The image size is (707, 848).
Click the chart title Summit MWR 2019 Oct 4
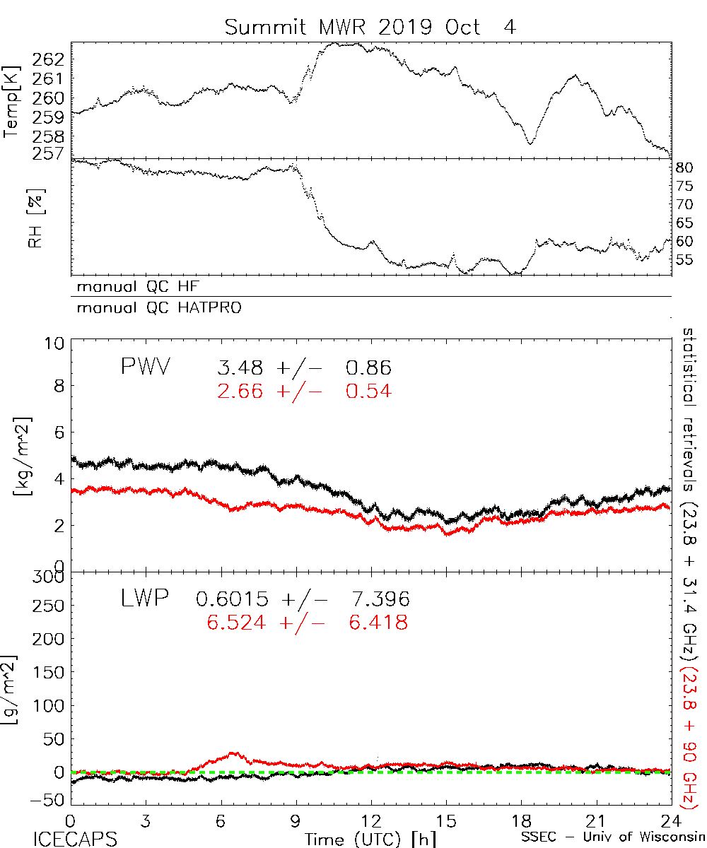pyautogui.click(x=370, y=28)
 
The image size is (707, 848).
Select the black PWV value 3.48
pyautogui.click(x=242, y=368)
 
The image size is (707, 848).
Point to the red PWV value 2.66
pyautogui.click(x=242, y=390)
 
